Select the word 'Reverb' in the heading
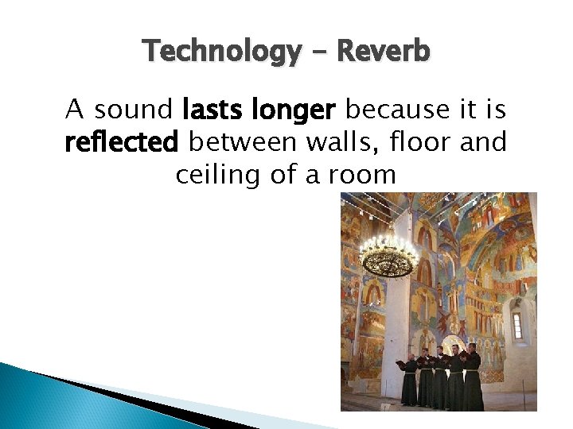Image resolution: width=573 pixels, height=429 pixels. [x=384, y=52]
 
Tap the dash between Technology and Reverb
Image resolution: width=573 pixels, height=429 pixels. [x=320, y=53]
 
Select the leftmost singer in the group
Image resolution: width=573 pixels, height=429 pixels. [x=409, y=380]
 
